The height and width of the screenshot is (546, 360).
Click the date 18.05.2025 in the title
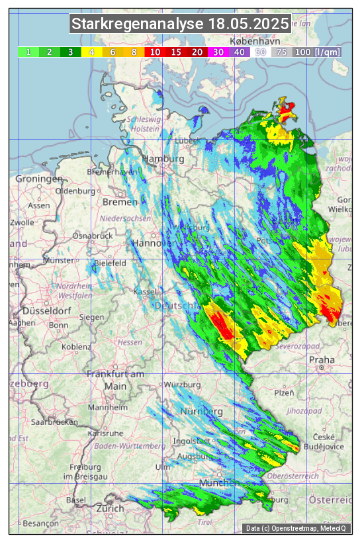(x=248, y=24)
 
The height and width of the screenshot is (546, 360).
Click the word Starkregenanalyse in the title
(x=138, y=24)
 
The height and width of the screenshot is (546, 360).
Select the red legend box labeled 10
(x=155, y=52)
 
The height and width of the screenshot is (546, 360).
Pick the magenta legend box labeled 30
(x=218, y=52)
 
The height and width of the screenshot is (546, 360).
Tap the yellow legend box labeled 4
(x=92, y=52)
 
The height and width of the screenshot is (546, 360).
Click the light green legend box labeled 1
(x=28, y=52)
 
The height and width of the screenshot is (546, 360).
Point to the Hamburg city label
(x=163, y=159)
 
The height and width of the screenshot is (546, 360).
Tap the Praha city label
(x=322, y=360)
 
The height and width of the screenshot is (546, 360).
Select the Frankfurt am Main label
(x=115, y=380)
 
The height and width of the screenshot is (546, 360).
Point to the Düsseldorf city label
(x=46, y=310)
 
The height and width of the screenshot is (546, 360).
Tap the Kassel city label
(x=145, y=292)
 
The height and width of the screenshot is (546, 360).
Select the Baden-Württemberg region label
(x=130, y=446)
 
